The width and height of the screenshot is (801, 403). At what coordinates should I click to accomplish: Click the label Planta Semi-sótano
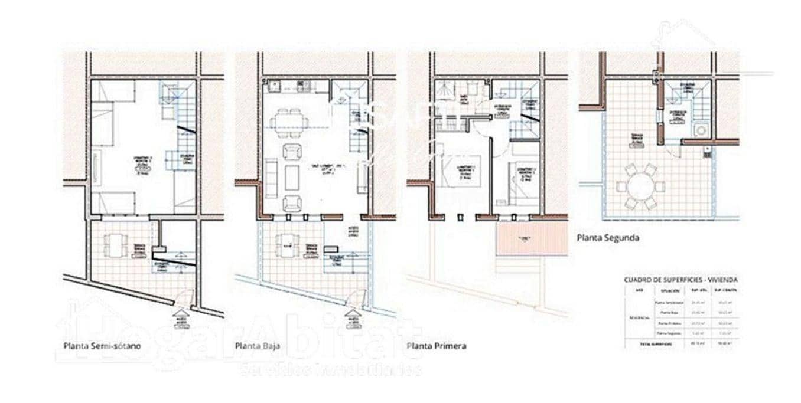click(102, 346)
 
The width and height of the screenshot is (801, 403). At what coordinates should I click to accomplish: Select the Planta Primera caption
click(437, 346)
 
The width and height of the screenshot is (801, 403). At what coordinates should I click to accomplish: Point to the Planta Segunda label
click(607, 238)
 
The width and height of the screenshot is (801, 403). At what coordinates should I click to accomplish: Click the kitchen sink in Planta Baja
click(274, 87)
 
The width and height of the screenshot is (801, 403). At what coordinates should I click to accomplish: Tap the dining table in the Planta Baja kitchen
click(289, 123)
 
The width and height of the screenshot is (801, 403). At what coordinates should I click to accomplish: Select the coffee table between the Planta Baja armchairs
click(292, 177)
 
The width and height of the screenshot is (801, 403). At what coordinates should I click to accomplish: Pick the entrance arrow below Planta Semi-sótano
click(181, 313)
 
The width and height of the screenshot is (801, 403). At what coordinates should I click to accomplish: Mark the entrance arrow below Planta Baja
click(353, 313)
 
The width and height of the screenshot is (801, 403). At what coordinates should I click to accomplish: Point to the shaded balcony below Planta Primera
click(531, 239)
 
